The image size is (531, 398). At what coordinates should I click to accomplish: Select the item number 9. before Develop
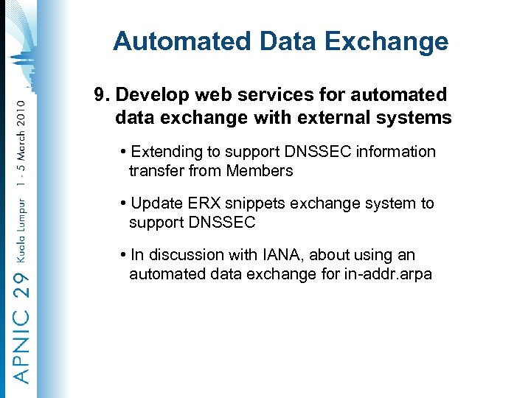click(102, 95)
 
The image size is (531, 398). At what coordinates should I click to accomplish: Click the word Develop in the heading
click(150, 95)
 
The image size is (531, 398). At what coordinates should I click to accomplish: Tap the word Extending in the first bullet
click(166, 152)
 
